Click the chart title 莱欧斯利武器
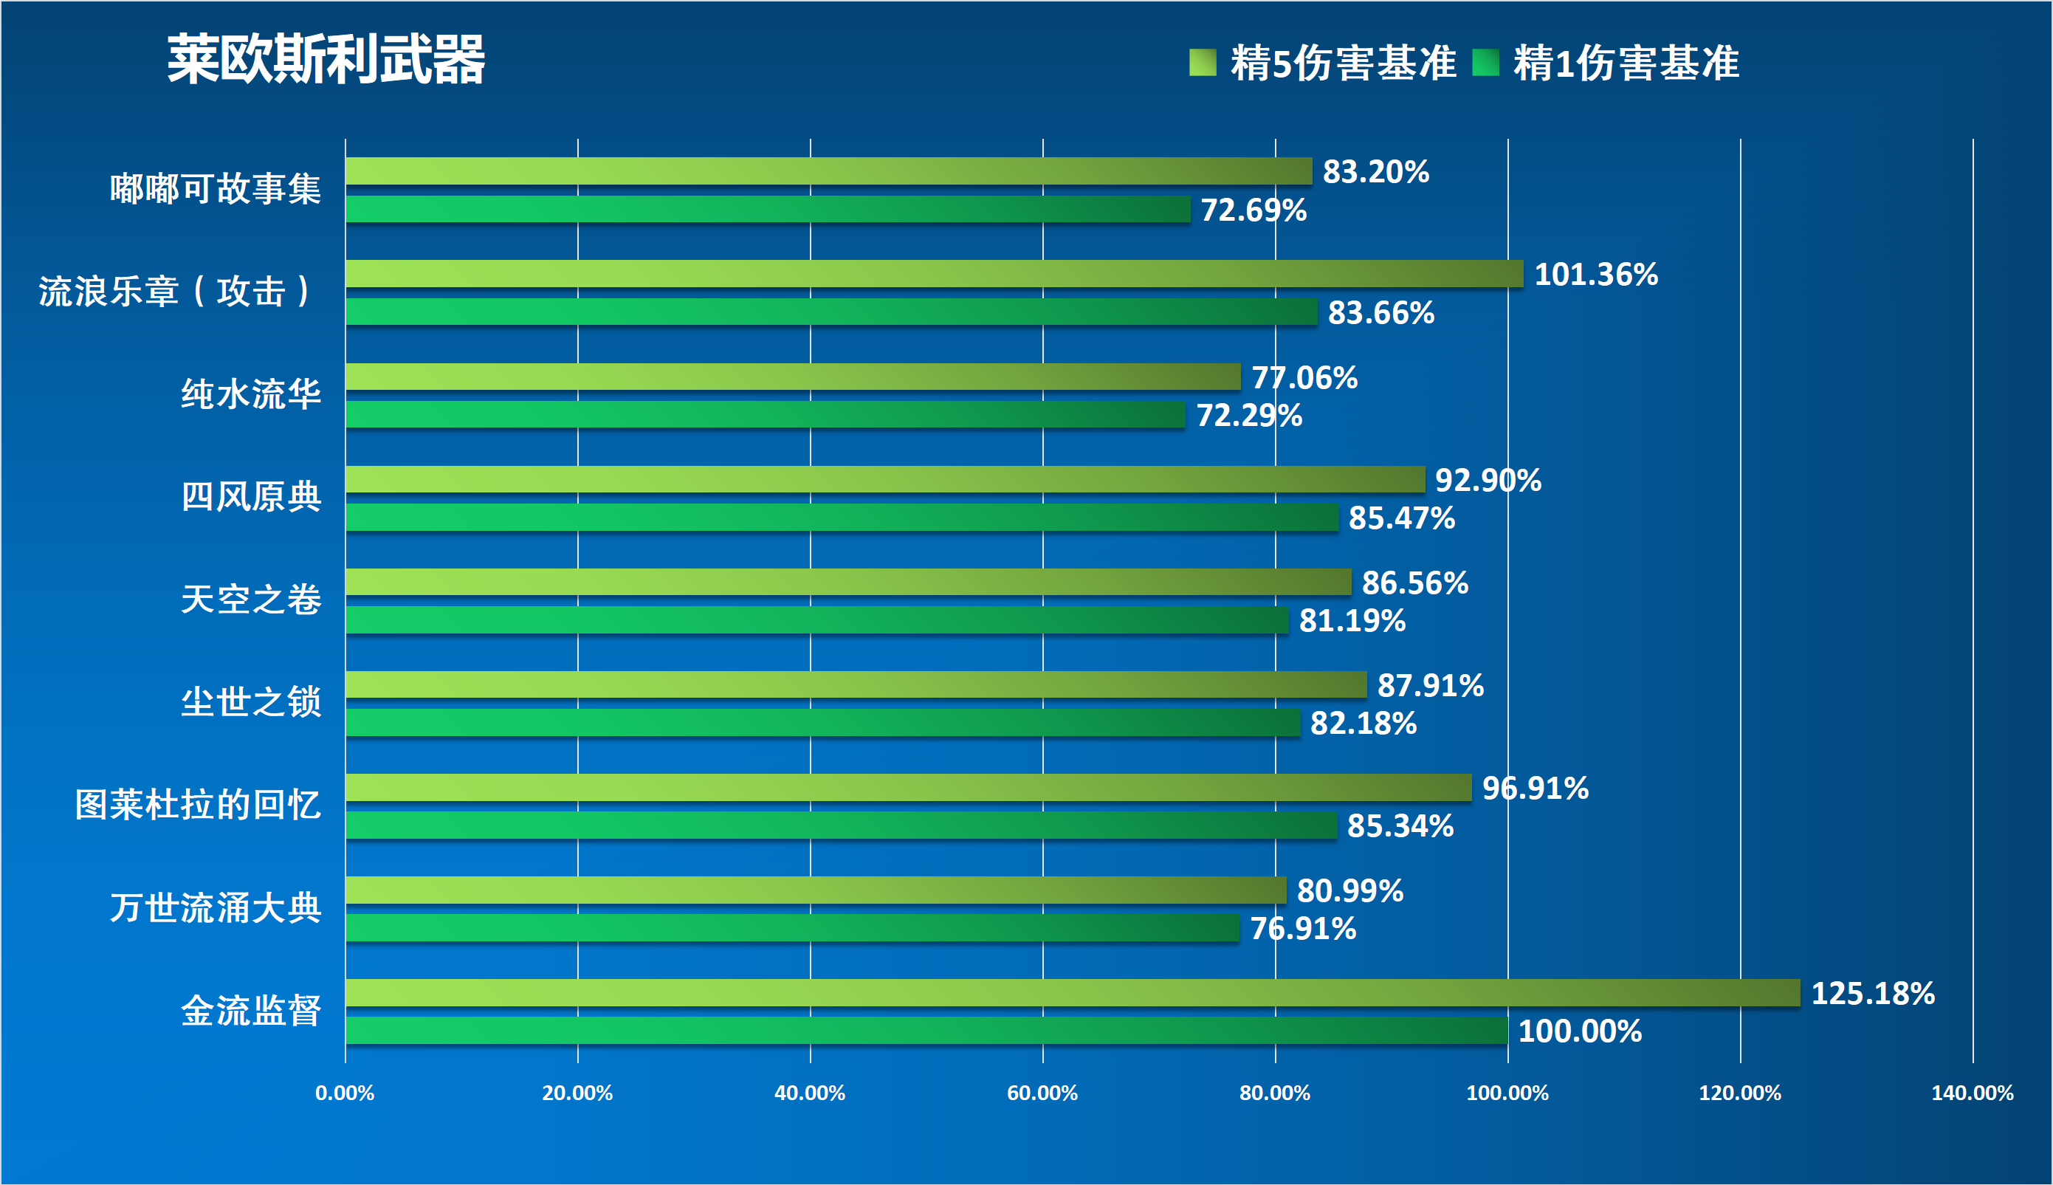(326, 59)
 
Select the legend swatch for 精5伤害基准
(1202, 63)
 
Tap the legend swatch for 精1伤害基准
(1485, 63)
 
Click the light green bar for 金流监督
(1073, 993)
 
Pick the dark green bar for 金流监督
(926, 1031)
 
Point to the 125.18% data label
(1872, 994)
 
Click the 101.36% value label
(1596, 274)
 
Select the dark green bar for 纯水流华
(765, 414)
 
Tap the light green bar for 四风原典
(884, 479)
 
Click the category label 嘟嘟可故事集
(216, 189)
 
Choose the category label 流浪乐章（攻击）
(175, 292)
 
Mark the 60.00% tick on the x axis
(1042, 1093)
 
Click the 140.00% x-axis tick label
(1973, 1093)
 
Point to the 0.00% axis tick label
(345, 1093)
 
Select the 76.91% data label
(1303, 929)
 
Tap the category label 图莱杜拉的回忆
(198, 805)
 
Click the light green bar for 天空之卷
(848, 582)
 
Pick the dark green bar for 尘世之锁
(822, 723)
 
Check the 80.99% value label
(1350, 891)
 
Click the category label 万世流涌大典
(216, 907)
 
